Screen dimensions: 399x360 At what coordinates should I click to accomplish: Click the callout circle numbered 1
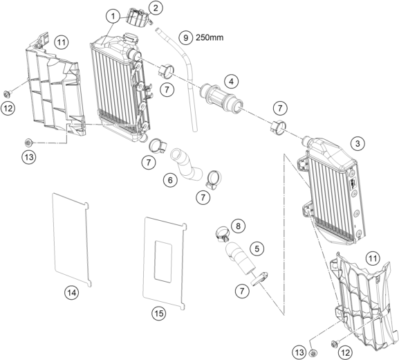coord(113,17)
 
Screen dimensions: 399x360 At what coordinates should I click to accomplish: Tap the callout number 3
coord(358,144)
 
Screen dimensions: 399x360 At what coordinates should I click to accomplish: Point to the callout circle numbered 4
coord(231,82)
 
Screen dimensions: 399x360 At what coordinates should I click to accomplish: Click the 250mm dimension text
coord(210,37)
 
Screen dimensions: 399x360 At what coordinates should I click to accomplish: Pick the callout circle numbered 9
coord(185,37)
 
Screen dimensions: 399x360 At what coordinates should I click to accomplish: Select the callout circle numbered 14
coord(71,293)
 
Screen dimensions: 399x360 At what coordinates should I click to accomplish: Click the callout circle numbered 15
coord(159,313)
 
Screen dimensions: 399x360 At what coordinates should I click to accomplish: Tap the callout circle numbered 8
coord(238,226)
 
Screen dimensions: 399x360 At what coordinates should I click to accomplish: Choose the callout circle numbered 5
coord(257,249)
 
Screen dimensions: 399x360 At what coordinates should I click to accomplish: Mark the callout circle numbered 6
coord(170,181)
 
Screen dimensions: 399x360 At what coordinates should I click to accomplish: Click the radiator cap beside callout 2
coord(139,17)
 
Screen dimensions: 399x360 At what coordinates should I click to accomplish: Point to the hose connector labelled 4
coord(221,98)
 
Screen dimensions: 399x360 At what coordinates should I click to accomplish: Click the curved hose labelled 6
coord(186,165)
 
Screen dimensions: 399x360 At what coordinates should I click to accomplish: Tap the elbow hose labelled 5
coord(241,258)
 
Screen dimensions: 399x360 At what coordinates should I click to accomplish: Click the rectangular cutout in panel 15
coord(163,262)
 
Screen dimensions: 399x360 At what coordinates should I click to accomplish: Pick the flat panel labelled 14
coord(71,240)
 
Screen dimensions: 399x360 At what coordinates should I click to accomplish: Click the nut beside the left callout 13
coord(28,143)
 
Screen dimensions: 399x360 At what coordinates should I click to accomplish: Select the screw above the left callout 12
coord(7,93)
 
